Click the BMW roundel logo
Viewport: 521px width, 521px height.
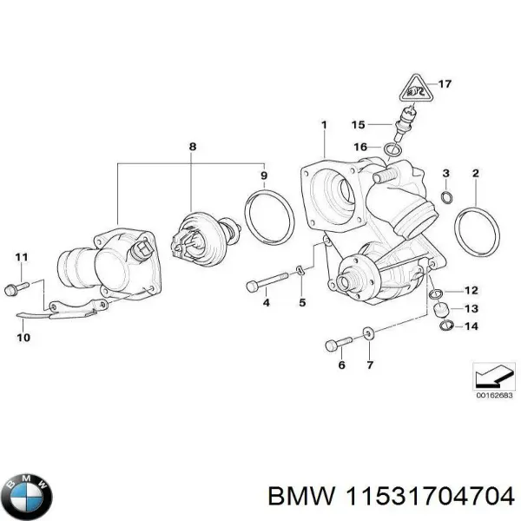[29, 498]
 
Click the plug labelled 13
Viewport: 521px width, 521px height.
[440, 309]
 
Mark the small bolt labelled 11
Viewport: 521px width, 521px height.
[16, 285]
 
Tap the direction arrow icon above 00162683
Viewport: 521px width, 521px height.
[492, 376]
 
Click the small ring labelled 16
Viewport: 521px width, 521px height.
[392, 150]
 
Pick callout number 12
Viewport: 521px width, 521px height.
[470, 290]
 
